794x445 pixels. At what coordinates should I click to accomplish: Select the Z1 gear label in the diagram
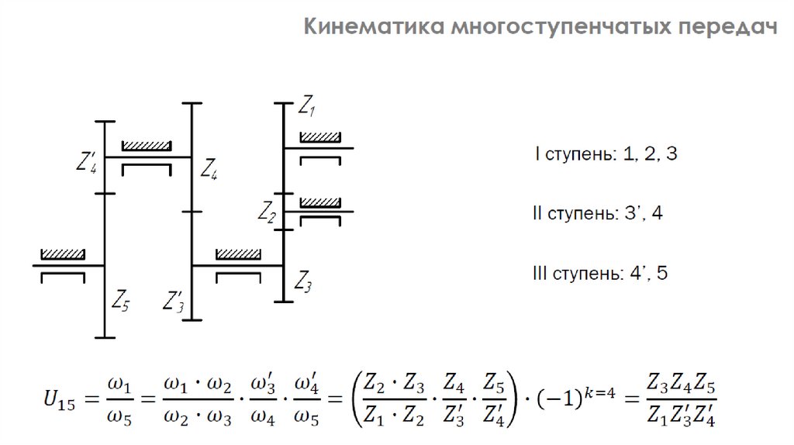(x=307, y=106)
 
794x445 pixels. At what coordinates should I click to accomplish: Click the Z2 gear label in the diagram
(x=268, y=211)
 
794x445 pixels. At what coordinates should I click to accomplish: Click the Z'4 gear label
(x=86, y=163)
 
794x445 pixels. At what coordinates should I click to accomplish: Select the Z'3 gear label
(x=174, y=300)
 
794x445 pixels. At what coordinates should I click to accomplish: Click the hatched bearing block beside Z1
(x=320, y=137)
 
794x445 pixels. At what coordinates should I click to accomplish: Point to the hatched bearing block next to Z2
(x=320, y=202)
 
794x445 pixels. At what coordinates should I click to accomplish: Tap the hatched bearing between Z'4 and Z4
(x=146, y=146)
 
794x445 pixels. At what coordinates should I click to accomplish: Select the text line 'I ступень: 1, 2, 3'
(x=606, y=154)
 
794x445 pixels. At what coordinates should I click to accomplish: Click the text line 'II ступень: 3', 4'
(x=597, y=213)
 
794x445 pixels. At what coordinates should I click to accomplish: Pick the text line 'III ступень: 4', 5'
(x=599, y=274)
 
